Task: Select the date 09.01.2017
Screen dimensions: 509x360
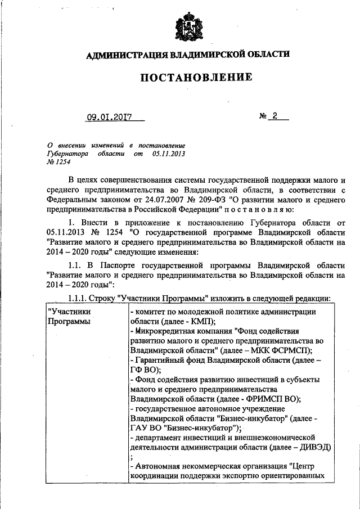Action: [109, 118]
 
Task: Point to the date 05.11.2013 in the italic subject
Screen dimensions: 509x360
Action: [168, 153]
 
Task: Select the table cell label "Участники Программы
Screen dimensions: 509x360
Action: [70, 316]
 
